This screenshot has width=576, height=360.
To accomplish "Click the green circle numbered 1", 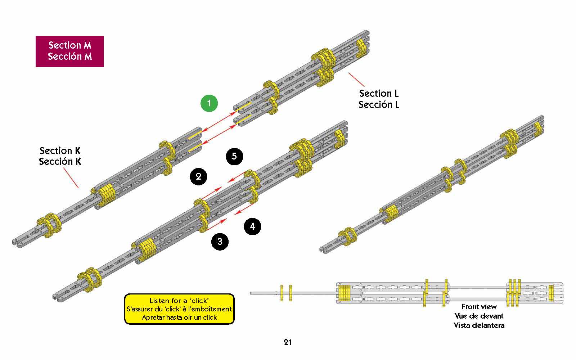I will [209, 103].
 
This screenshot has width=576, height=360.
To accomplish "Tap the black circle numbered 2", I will [198, 176].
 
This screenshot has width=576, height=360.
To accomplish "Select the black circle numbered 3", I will [220, 241].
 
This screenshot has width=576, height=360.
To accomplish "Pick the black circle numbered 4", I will [252, 226].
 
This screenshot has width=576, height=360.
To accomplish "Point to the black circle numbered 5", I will [234, 156].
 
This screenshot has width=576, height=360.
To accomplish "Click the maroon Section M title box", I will [69, 51].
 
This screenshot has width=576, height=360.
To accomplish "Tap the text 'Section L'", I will [379, 94].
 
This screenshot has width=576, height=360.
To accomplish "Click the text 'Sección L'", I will [379, 105].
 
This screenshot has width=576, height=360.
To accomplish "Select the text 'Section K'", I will [60, 150].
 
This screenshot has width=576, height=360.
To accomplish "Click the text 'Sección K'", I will [60, 162].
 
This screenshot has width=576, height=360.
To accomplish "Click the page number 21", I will [287, 342].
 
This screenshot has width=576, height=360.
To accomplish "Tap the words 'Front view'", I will [479, 307].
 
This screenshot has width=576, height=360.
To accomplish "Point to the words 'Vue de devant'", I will [479, 316].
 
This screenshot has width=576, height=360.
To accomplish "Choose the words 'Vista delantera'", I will [479, 325].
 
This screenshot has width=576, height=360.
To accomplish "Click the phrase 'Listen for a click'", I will [179, 301].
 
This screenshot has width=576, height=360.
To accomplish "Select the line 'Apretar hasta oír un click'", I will [179, 317].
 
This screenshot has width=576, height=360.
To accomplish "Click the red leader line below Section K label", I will [71, 178].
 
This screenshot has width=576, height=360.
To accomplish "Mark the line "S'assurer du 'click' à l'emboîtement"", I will [179, 309].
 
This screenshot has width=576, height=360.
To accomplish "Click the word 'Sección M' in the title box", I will [69, 57].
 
